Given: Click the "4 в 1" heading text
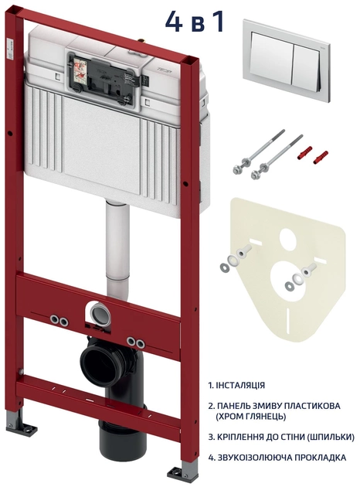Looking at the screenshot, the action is point(194,22).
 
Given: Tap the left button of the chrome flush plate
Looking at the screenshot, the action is point(272,59).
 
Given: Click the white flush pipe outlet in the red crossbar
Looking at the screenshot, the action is point(99,313).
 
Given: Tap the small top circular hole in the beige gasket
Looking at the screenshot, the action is point(289,237).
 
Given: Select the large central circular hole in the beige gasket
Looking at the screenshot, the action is point(289,277).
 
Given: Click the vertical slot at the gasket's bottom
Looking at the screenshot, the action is point(290,321).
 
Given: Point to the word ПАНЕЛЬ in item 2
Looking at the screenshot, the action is point(232,406).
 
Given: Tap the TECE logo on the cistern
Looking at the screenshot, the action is point(166,70).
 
